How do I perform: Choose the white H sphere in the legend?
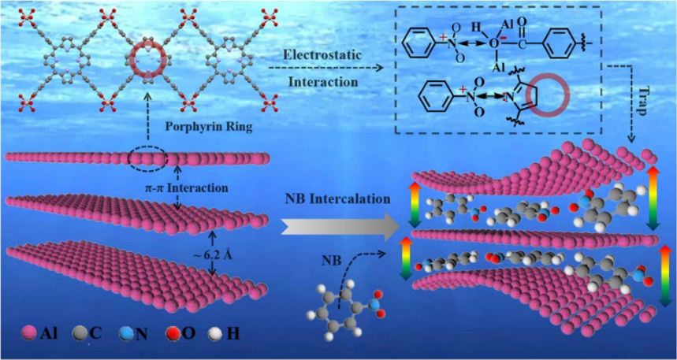pos(225,334)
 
